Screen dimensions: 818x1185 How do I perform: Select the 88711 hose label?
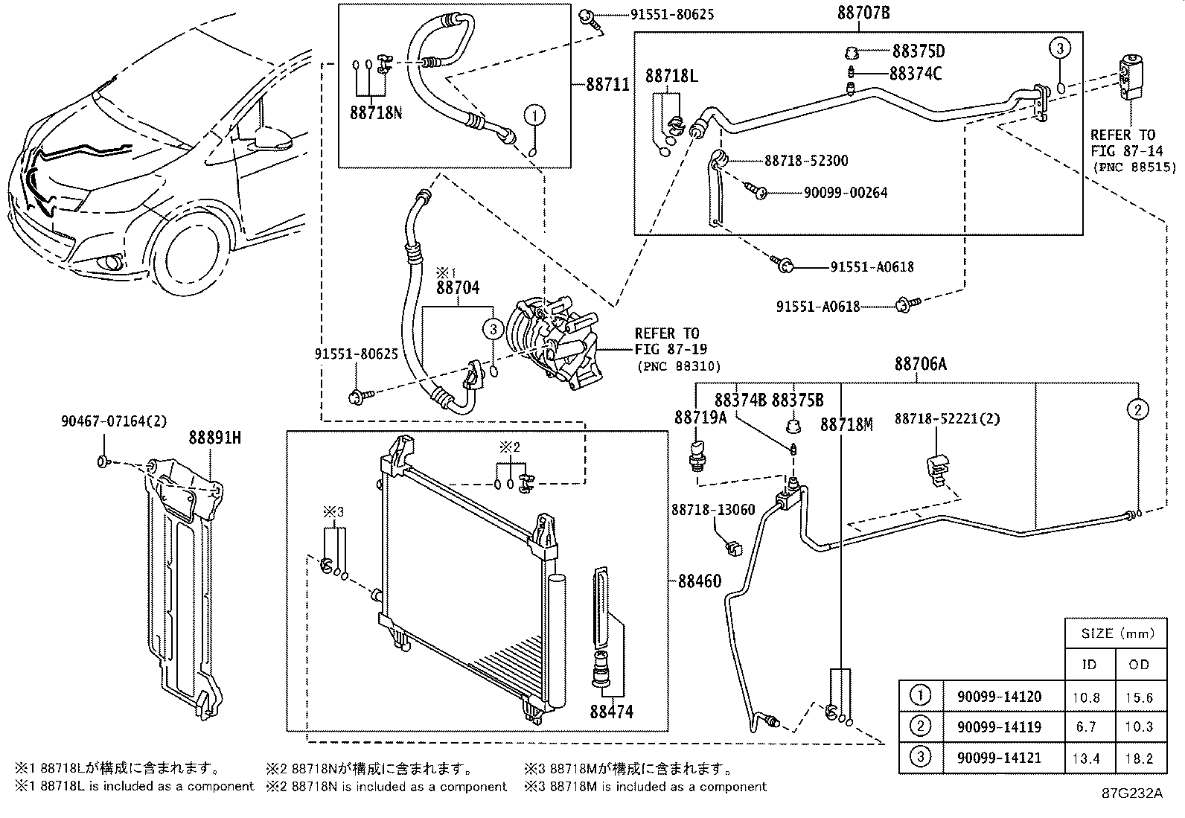607,85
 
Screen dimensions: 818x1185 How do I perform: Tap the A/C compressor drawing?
554,342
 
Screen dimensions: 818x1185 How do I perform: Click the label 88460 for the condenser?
699,581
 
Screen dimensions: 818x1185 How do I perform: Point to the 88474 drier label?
611,712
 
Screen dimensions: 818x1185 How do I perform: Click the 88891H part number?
214,438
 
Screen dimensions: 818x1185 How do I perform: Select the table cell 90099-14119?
1003,727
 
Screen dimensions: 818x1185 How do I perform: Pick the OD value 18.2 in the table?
1139,758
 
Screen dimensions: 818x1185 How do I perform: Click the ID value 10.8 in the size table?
1088,697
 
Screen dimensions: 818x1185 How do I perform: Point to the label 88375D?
919,51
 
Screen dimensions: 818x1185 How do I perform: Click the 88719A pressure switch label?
700,418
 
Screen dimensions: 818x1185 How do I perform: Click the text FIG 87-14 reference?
1122,150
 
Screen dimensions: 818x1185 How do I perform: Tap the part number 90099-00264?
846,193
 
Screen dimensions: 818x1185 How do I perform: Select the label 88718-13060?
713,510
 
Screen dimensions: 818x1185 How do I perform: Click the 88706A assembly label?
920,364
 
